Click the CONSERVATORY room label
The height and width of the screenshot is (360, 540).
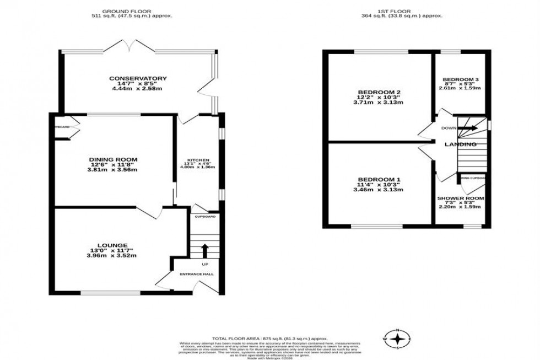point(138,78)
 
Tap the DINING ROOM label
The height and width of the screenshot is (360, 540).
point(113,159)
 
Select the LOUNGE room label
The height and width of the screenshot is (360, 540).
point(112,245)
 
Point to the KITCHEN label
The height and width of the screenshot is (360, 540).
point(197,160)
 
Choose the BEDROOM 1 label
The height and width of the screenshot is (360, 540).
point(379,180)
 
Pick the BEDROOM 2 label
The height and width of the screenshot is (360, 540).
point(379,92)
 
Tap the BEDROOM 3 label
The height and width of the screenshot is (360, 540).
point(460,79)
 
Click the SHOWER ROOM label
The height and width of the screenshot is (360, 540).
point(461,198)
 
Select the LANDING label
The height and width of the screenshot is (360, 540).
point(461,144)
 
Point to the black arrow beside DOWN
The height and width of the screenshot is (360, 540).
point(467,128)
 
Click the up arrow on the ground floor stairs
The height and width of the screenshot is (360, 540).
point(204,251)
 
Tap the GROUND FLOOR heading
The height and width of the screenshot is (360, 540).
point(132,10)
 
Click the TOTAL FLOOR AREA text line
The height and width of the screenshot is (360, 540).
point(270,338)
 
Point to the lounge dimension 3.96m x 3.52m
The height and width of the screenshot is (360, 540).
point(112,255)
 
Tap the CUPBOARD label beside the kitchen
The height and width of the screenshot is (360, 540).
point(205,217)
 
